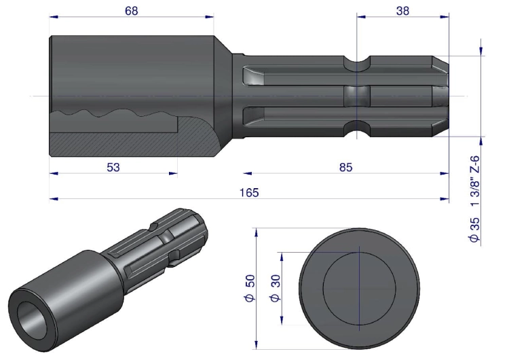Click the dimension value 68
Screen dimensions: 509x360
132,11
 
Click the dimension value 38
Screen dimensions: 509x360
402,11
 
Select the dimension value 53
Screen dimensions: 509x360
113,167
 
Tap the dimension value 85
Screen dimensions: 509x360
345,167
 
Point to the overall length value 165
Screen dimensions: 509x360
249,193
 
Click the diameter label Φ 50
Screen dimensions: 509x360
250,288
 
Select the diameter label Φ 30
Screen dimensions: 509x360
276,288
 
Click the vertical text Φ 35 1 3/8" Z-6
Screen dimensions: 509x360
474,199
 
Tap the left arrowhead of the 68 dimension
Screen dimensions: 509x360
54,16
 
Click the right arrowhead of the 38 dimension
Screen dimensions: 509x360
445,16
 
